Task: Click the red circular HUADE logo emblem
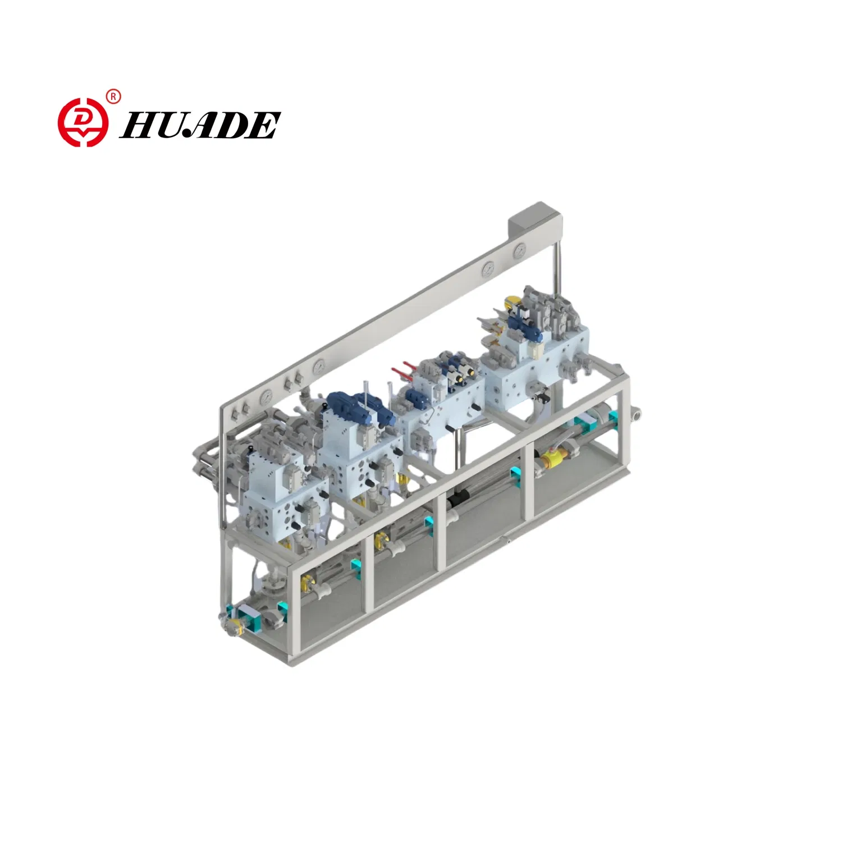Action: [83, 122]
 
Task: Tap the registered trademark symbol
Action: [113, 97]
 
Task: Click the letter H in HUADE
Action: [138, 125]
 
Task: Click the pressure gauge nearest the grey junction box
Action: [520, 251]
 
